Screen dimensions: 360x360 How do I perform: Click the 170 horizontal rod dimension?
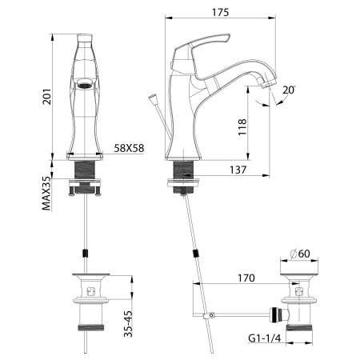(245, 278)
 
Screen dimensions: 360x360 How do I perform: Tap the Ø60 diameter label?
(300, 254)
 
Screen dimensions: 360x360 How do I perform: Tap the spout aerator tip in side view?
(270, 83)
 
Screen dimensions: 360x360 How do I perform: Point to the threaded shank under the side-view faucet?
(185, 170)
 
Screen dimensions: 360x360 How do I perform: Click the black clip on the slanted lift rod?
(197, 255)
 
